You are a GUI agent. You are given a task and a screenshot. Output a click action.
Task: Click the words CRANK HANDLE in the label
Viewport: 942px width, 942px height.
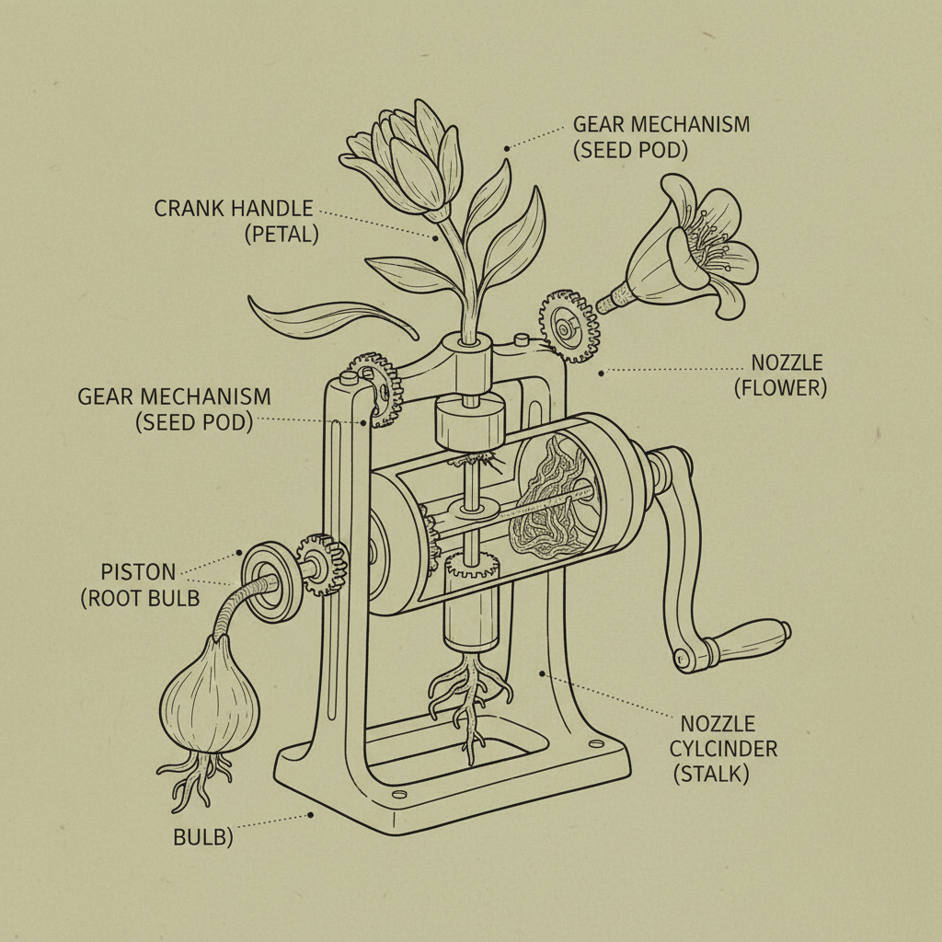[x=234, y=209]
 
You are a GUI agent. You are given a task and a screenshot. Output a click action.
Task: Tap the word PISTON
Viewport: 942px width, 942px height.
[x=138, y=571]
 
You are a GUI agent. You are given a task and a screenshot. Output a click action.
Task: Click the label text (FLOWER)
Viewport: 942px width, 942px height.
[x=780, y=388]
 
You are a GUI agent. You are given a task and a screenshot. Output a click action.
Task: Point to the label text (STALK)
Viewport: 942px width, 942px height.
[x=711, y=774]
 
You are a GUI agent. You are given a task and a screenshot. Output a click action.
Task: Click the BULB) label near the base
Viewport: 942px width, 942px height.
[x=203, y=838]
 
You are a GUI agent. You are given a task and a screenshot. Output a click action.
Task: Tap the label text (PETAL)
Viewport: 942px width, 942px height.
[x=281, y=235]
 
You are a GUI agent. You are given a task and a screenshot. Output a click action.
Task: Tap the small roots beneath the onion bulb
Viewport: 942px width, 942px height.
[x=196, y=778]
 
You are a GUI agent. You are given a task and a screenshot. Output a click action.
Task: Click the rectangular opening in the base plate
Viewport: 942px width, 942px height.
[x=454, y=746]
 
